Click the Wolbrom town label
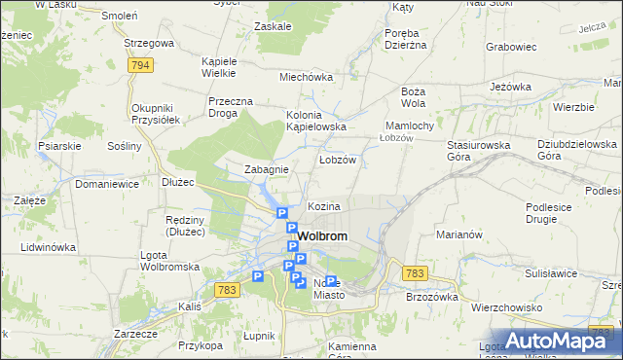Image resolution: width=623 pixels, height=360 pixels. point(322,236)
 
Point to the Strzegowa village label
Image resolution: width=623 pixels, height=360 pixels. point(149,44)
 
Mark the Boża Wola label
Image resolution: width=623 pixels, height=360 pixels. point(413,96)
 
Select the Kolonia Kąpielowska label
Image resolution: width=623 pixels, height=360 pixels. point(316,120)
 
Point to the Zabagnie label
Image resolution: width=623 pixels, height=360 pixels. point(266,169)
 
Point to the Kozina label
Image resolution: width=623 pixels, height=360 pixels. point(324,207)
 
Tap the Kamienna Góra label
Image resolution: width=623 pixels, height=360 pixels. point(351,351)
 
